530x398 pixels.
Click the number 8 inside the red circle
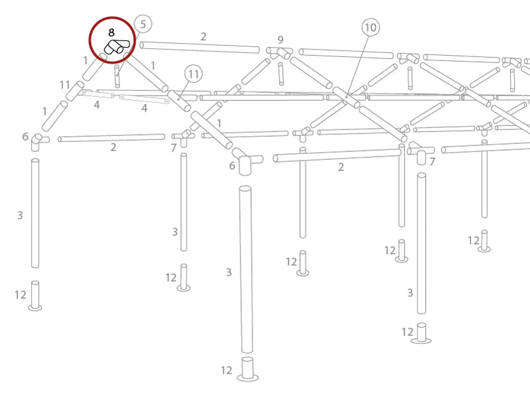point(111,33)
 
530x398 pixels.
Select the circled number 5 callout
point(143,24)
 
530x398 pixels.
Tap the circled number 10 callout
point(370,27)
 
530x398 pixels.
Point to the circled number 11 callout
point(193,74)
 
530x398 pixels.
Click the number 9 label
point(280,40)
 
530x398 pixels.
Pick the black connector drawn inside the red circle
point(117,47)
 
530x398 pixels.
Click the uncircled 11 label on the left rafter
point(65,85)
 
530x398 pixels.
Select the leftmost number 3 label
point(20,215)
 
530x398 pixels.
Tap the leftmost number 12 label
point(21,295)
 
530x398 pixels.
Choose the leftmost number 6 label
point(25,137)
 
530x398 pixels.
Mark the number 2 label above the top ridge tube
point(203,36)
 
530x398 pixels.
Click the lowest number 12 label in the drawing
point(227,370)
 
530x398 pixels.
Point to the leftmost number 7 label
point(174,148)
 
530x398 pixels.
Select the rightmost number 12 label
point(474,241)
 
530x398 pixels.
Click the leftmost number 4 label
point(97,105)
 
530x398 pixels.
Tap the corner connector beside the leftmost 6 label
point(38,141)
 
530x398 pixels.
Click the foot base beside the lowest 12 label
point(248,369)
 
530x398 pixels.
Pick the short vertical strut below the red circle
point(117,76)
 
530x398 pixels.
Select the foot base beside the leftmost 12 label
point(35,296)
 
